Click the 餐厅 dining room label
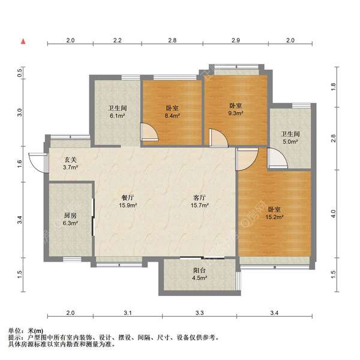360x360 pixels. pos(127,197)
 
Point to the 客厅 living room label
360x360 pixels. pos(199,197)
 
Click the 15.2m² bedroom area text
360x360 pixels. pos(275,218)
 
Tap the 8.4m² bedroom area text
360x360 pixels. pos(172,116)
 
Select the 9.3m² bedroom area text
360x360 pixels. pos(235,112)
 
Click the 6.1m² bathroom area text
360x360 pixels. pos(116,116)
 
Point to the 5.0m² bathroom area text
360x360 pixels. pos(290,143)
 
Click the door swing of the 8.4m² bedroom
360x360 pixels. pos(147,132)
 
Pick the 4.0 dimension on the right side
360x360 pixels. pos(334,212)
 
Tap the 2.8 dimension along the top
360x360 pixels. pos(172,41)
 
